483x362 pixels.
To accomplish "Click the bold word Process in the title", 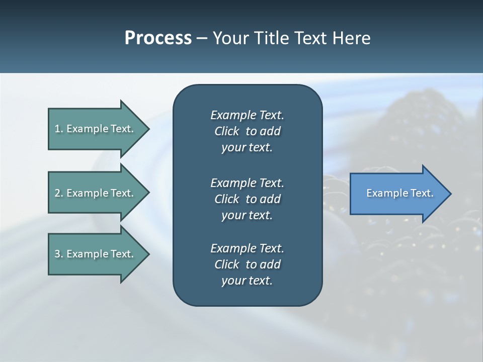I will click(x=158, y=38).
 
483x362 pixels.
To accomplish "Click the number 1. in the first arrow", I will click(x=59, y=129).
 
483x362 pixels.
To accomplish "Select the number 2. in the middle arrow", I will click(x=59, y=193).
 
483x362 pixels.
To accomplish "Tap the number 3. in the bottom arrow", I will click(x=59, y=254).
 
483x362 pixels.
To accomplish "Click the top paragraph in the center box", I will click(x=247, y=131).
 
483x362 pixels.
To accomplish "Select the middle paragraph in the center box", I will click(x=247, y=199).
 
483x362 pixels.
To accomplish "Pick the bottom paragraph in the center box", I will click(x=247, y=264).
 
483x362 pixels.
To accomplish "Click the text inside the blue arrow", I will click(x=399, y=193).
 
